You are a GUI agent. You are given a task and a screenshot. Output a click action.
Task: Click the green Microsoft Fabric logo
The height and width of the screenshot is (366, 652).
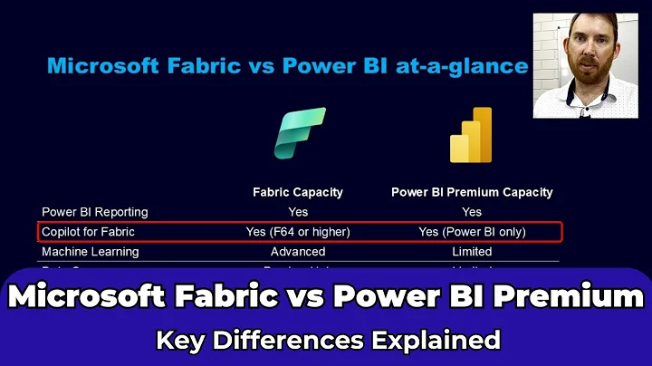pos(299,133)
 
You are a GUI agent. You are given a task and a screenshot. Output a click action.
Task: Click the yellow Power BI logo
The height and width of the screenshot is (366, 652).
pos(471,135)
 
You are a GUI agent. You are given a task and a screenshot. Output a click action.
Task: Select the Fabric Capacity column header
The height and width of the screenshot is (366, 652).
pos(298,192)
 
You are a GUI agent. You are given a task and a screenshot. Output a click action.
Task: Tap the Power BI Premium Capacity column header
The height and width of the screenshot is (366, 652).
pos(472,192)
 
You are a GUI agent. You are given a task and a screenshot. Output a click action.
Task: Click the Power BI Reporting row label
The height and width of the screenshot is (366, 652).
pos(95,212)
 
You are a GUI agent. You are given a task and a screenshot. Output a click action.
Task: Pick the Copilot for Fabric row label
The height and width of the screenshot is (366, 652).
pos(88,232)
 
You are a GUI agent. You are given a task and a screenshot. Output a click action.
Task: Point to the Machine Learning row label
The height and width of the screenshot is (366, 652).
pos(91,252)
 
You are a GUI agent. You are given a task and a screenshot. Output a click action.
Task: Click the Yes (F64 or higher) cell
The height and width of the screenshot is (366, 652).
pos(298,232)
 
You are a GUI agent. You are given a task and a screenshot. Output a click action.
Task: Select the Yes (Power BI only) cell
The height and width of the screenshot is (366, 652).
pos(472,232)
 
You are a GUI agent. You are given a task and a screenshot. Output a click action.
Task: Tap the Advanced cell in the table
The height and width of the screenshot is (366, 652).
pos(298,252)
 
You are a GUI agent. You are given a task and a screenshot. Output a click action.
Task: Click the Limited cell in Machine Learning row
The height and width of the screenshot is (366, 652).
pos(472,252)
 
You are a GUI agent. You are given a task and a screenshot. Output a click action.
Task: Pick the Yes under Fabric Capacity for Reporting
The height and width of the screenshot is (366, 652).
pos(298,212)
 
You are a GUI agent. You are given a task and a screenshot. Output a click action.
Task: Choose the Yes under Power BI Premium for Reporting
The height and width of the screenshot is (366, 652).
pos(472,212)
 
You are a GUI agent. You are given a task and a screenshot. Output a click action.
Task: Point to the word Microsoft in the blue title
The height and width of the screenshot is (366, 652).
pos(101,66)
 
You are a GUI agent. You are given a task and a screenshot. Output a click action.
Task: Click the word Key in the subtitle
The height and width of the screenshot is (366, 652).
pos(179,340)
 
